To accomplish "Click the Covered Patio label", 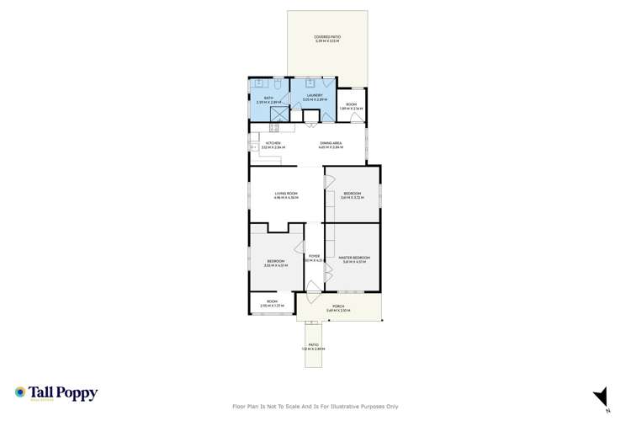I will [x=327, y=39].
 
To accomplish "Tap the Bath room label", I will [x=268, y=99].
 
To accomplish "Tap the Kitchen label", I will [x=273, y=145].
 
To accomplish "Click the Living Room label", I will [x=286, y=195].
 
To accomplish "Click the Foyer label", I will [x=313, y=257].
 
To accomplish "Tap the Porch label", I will [x=338, y=307].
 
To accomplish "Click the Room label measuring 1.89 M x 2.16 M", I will [x=351, y=106].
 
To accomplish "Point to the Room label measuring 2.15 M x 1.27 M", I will [x=272, y=303].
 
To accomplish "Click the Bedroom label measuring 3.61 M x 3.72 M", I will [x=353, y=195].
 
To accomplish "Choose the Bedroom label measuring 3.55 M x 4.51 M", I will [x=275, y=263].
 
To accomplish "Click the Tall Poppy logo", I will [x=56, y=393].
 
